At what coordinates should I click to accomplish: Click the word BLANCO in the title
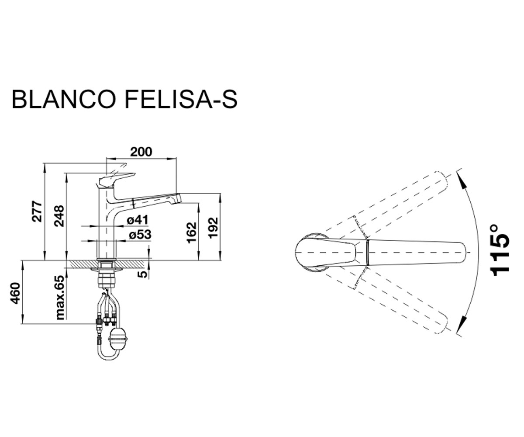coord(64,100)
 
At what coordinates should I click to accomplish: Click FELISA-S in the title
coord(181,100)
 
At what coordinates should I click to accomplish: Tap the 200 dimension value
coord(141,152)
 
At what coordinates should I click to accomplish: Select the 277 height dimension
coord(37,211)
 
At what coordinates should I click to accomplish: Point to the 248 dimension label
coord(59,216)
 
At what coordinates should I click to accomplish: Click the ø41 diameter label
coord(138,220)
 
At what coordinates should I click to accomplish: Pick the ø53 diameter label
coord(140,235)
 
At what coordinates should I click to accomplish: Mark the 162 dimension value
coord(192,232)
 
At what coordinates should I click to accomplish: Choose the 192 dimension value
coord(214,228)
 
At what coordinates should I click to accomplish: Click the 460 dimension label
coord(15,293)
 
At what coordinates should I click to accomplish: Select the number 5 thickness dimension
coord(142,274)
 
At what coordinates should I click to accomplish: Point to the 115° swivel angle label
coord(500,250)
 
